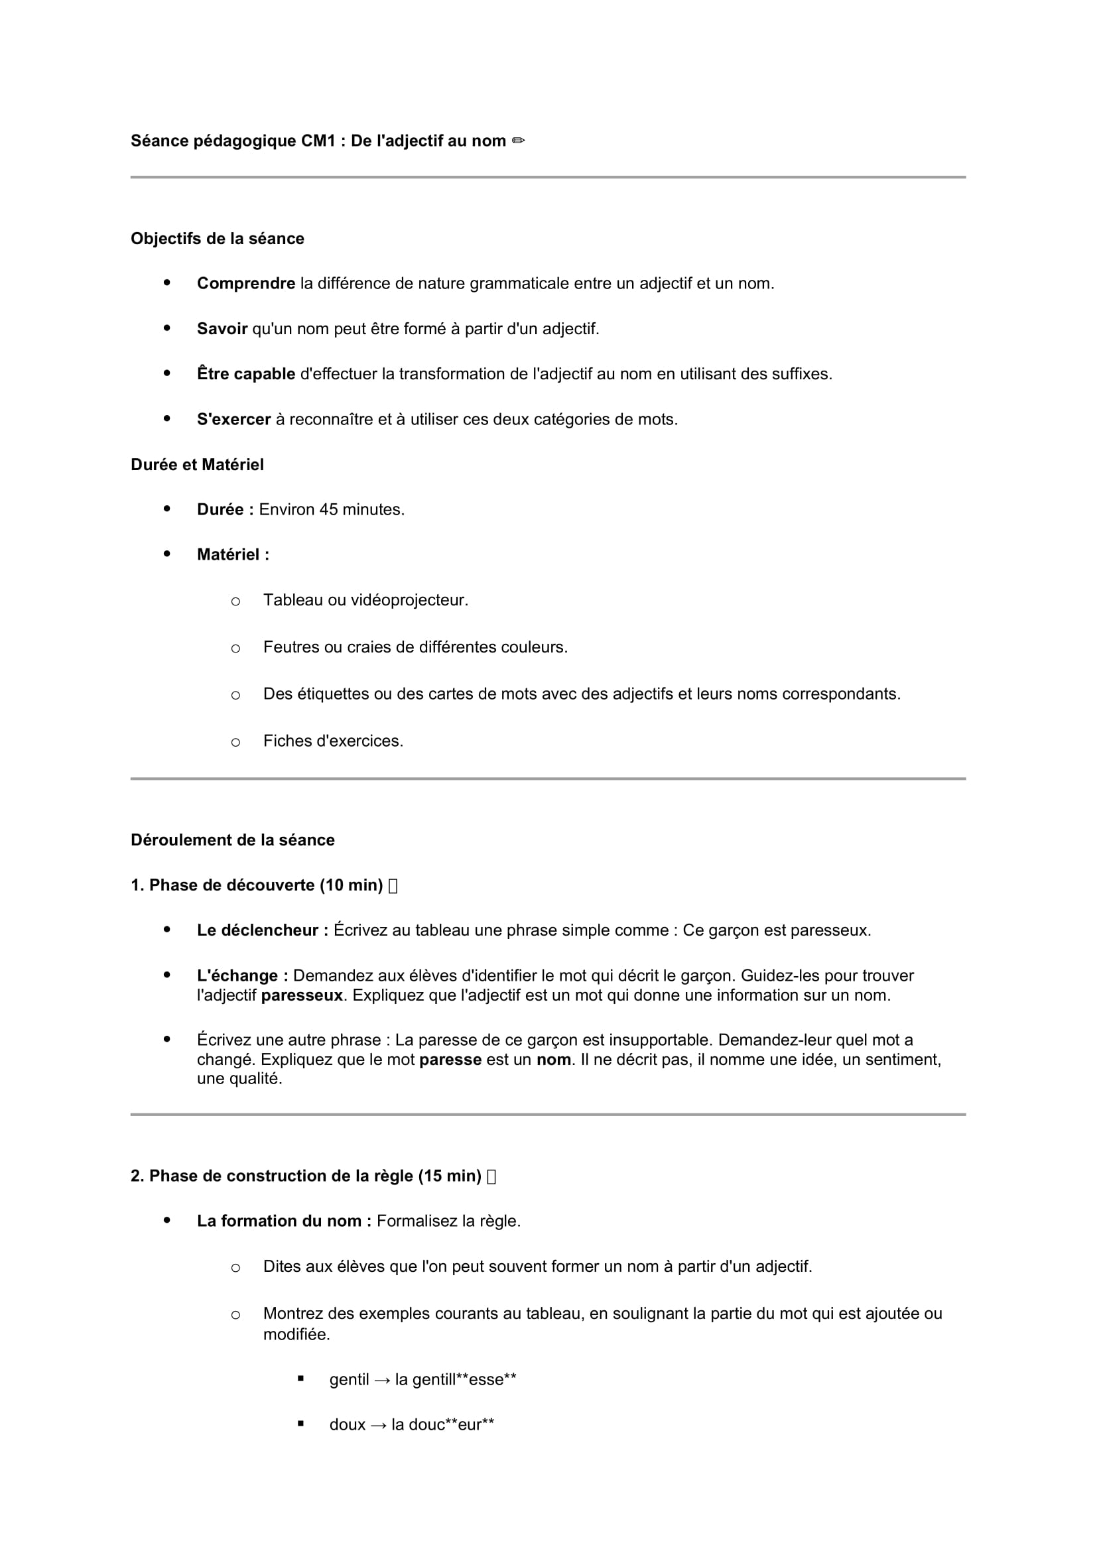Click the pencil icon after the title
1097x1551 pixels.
[x=518, y=141]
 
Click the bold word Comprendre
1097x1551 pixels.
[x=246, y=284]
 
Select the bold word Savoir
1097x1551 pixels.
[x=222, y=329]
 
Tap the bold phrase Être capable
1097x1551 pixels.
[x=246, y=374]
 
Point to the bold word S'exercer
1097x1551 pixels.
[x=233, y=420]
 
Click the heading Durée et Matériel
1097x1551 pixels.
[x=197, y=465]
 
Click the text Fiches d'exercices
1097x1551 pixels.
[x=333, y=741]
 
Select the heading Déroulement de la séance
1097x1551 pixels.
[x=232, y=839]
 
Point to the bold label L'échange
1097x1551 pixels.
[x=243, y=975]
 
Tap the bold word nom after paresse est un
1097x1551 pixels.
[x=554, y=1059]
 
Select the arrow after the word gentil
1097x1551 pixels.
[x=382, y=1379]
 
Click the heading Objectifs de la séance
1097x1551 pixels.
[x=218, y=239]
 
